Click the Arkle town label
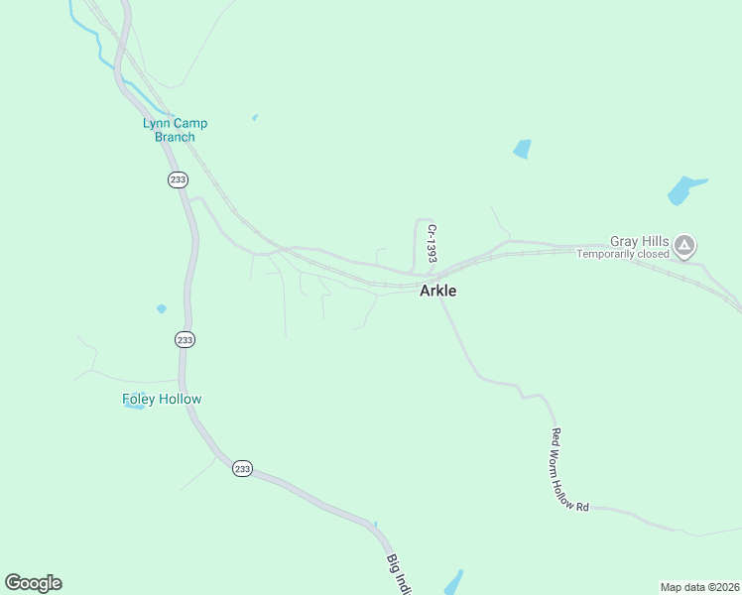[437, 292]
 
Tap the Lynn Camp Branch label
[175, 130]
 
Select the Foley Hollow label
[162, 399]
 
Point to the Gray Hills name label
[640, 241]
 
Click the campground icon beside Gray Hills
[684, 245]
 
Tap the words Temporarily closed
[624, 254]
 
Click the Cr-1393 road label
[433, 243]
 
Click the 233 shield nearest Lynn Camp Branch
[178, 179]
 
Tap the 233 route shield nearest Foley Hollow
[185, 339]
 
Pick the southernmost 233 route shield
[243, 468]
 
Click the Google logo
[33, 583]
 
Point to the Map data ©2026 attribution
[700, 587]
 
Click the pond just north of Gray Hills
[684, 188]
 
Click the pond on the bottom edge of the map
[452, 584]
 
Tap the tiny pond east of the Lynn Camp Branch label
[255, 118]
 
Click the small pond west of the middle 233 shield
[161, 309]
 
